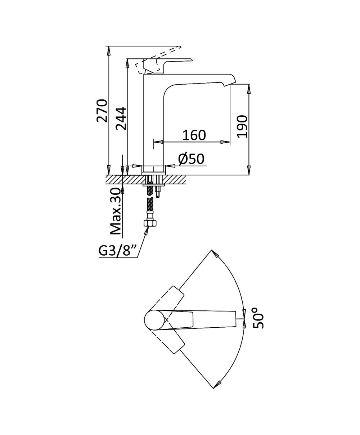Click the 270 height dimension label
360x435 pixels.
[102, 111]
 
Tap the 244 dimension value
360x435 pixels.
[121, 118]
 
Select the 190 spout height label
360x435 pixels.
[242, 126]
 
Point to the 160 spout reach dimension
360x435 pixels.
[194, 135]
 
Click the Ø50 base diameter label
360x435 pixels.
[191, 159]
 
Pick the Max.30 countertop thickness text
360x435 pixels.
[116, 211]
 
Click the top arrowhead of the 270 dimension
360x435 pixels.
[108, 51]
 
